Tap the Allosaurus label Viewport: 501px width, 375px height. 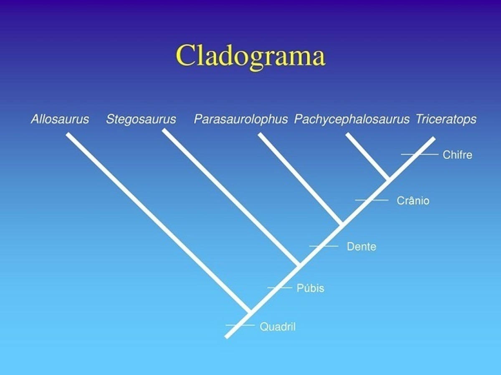[x=60, y=119]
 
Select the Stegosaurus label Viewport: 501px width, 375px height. [x=141, y=119]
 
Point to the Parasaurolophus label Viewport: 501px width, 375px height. [x=241, y=119]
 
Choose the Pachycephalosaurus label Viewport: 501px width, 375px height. [x=352, y=119]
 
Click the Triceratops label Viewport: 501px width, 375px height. [x=446, y=119]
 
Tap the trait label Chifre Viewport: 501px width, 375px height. [x=458, y=155]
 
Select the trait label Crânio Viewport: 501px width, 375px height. [x=413, y=201]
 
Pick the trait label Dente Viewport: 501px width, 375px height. [x=361, y=247]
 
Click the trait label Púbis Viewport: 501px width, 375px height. [x=311, y=288]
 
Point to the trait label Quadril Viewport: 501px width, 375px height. [x=278, y=327]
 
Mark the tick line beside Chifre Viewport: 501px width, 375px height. [x=420, y=154]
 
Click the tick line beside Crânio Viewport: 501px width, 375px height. [x=372, y=200]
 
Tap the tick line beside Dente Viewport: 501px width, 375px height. [x=324, y=246]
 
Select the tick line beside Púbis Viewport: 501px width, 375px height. [x=280, y=288]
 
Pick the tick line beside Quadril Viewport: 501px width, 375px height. [x=240, y=325]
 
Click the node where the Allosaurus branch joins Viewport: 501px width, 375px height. [x=250, y=312]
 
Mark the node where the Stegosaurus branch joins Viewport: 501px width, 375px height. [x=299, y=264]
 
